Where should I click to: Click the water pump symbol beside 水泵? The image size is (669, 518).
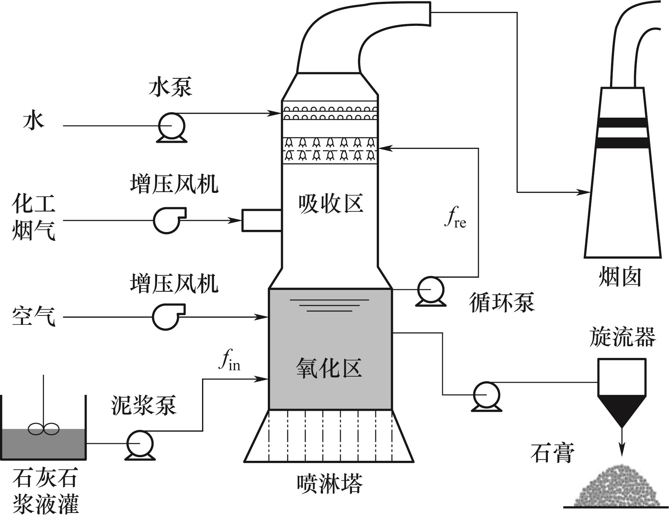[x=172, y=126]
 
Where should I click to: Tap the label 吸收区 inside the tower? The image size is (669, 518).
[x=330, y=204]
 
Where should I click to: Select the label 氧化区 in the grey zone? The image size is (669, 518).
[x=329, y=368]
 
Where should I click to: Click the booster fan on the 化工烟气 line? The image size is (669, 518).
[x=168, y=220]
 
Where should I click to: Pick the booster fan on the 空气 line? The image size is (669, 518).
[x=166, y=317]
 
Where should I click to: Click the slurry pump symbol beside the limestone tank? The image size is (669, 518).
[x=140, y=444]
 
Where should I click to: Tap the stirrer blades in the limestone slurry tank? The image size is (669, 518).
[x=44, y=429]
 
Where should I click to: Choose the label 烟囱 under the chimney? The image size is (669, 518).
[x=620, y=278]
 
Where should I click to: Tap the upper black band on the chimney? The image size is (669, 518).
[x=622, y=123]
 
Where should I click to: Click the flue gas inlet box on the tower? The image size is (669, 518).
[x=261, y=220]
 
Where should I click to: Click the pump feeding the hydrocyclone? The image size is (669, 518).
[x=486, y=395]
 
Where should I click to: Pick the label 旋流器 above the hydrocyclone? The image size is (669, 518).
[x=623, y=337]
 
